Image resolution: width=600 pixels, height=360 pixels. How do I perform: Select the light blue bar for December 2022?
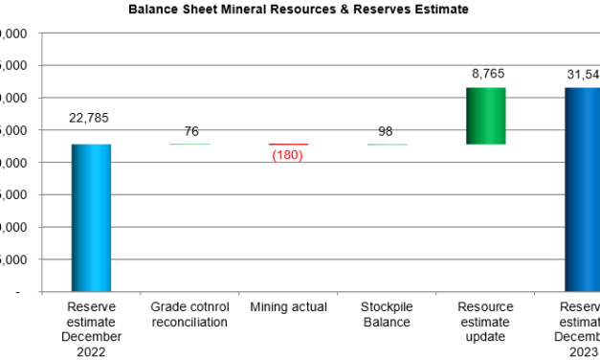[91, 217]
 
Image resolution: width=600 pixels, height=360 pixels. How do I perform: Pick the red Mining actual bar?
[288, 144]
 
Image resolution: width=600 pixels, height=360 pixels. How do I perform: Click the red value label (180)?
[288, 155]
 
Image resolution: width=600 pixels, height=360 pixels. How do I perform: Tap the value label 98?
[387, 131]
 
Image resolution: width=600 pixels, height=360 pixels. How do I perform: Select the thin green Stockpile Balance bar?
[387, 144]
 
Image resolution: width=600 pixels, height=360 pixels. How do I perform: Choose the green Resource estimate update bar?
[485, 116]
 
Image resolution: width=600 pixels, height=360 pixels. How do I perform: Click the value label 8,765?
[485, 73]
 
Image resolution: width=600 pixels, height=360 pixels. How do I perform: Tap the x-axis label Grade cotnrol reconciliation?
[189, 314]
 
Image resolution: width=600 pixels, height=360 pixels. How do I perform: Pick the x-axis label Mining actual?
[288, 307]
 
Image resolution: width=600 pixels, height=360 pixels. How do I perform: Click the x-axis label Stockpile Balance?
[387, 314]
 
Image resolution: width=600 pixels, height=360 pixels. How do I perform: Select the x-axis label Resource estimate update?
[485, 322]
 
